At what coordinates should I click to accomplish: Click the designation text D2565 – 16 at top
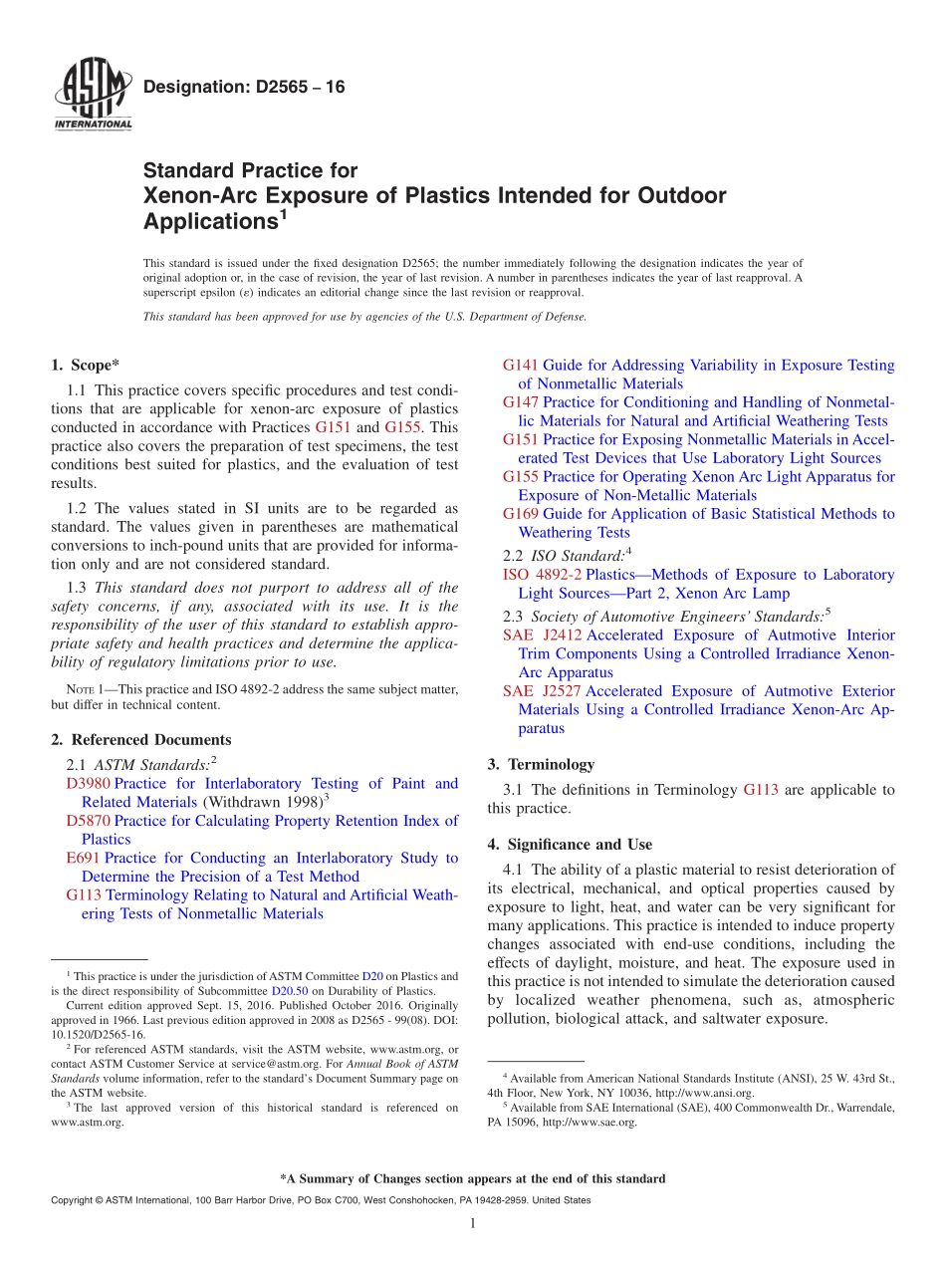244,88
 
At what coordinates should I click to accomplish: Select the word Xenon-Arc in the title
192,195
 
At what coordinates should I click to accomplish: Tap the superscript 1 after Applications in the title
283,212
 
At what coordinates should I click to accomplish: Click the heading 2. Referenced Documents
140,740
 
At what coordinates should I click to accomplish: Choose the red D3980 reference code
88,784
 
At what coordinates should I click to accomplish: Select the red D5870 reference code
88,821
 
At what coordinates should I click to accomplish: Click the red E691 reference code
83,858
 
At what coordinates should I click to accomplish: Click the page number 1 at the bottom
473,1224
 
